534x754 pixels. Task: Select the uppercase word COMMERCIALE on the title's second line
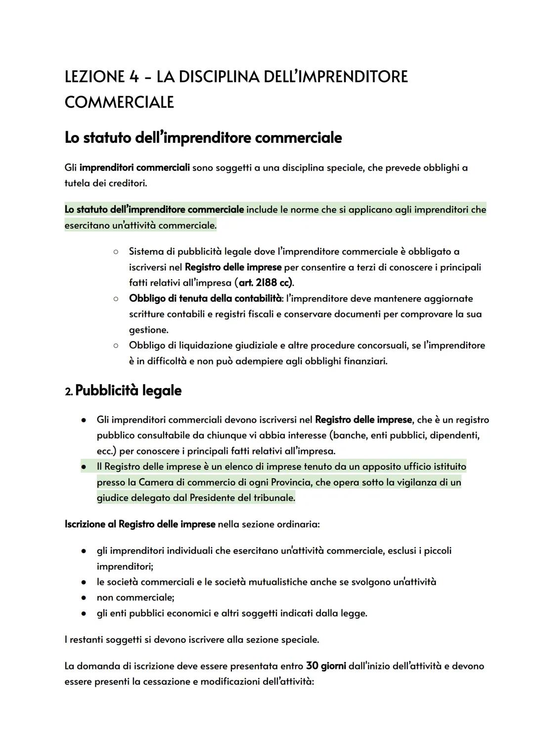pos(119,102)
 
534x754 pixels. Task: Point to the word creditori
pos(127,183)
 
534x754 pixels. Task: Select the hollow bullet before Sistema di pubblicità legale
pos(115,252)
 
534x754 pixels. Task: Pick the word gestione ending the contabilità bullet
pos(148,330)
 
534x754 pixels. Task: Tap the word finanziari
pos(365,361)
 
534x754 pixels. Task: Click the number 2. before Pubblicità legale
pos(69,392)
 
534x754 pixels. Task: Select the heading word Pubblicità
pos(106,391)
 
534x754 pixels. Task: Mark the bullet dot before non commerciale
pos(85,598)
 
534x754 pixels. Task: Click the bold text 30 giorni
pos(326,666)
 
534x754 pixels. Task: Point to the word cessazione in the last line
pos(166,682)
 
